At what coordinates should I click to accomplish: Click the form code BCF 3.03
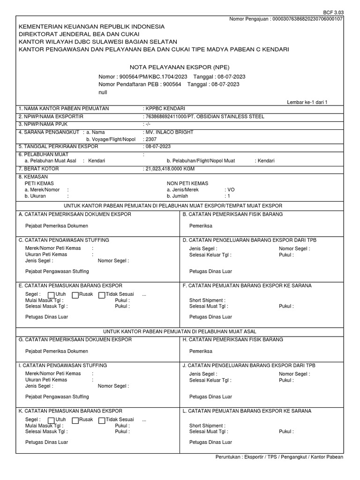[x=333, y=12]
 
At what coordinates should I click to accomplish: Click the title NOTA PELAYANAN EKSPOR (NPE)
[x=180, y=67]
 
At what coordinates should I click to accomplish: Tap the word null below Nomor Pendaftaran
[x=103, y=92]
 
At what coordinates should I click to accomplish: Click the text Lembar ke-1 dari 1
[x=307, y=102]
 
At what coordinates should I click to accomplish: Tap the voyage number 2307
[x=150, y=139]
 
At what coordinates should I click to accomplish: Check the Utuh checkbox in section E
[x=51, y=295]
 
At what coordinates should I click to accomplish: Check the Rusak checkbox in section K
[x=76, y=420]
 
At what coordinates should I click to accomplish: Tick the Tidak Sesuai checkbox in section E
[x=102, y=295]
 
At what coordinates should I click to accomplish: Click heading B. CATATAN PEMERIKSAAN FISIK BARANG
[x=232, y=214]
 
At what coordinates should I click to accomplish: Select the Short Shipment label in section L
[x=207, y=426]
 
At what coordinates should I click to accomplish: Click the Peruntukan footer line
[x=279, y=457]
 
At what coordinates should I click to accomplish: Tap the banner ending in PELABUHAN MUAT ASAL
[x=180, y=331]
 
